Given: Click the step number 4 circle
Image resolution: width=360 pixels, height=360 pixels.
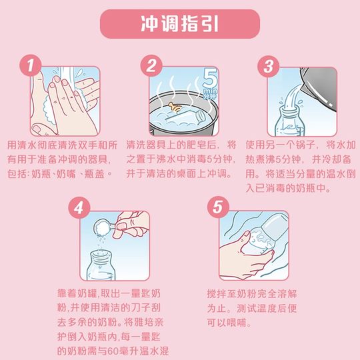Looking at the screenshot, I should pyautogui.click(x=81, y=207).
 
